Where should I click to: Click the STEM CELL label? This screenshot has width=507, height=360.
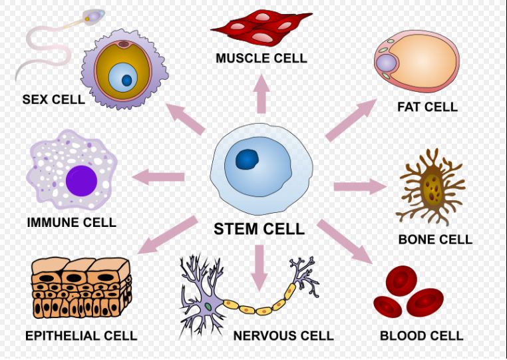coord(259,229)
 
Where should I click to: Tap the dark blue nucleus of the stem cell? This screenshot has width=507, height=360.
coord(248,160)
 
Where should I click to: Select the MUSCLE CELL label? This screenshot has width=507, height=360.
coord(261,58)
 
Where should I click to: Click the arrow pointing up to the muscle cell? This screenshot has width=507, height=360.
coord(261,94)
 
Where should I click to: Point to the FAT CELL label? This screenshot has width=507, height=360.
coord(427,106)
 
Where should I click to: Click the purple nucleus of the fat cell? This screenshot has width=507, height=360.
coord(387,63)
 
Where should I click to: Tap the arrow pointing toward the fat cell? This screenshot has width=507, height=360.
coord(351,120)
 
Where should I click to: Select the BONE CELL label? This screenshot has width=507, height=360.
coord(435,240)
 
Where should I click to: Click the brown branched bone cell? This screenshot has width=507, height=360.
coord(431,187)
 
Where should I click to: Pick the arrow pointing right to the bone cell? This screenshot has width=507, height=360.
coord(360,186)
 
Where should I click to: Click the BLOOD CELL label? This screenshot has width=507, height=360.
coord(421,335)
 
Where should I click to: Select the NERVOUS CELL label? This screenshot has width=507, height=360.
coord(283,335)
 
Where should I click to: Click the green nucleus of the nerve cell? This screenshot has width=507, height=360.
coord(208,306)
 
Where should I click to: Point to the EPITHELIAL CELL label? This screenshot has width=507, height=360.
coord(81,335)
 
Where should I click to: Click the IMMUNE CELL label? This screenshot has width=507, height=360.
coord(71,222)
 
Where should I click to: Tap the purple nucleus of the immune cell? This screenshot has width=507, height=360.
coord(81,181)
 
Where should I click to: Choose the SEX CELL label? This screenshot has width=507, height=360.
coord(53,99)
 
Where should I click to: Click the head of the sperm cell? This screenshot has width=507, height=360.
coord(94,15)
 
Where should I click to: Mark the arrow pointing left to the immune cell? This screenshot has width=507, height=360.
coord(158,177)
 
